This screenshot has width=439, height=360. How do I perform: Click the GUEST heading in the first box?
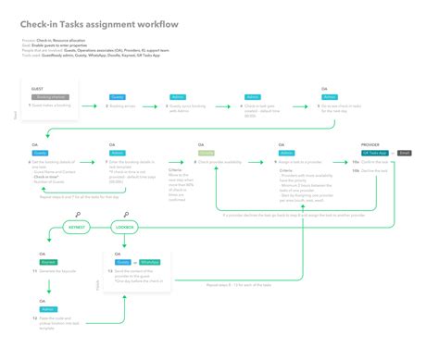[x=37, y=89]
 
